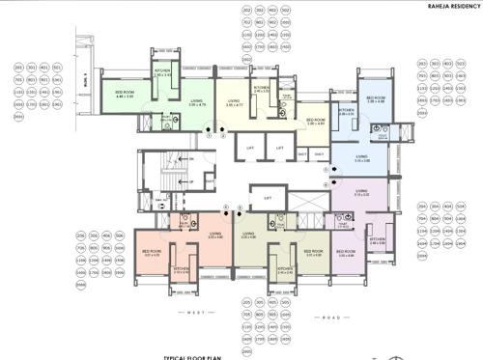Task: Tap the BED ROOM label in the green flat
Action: pyautogui.click(x=124, y=93)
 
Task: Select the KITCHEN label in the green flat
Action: pyautogui.click(x=162, y=69)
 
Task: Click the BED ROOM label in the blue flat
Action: pyautogui.click(x=376, y=97)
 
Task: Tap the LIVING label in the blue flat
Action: pyautogui.click(x=361, y=156)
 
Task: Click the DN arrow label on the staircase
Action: pyautogui.click(x=191, y=158)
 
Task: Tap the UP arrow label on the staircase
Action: pyautogui.click(x=191, y=181)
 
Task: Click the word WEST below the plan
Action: pyautogui.click(x=194, y=315)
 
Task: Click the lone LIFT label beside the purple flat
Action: pyautogui.click(x=268, y=198)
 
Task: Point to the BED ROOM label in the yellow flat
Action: pyautogui.click(x=315, y=120)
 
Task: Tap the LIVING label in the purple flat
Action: pyautogui.click(x=361, y=191)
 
